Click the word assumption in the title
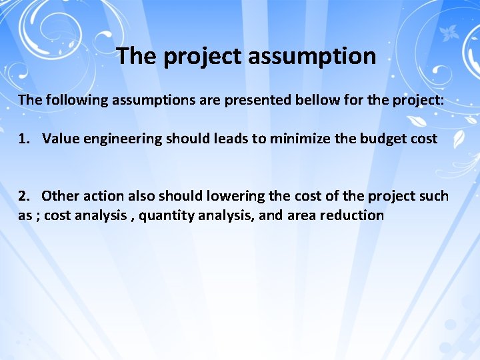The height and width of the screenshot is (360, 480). click(311, 57)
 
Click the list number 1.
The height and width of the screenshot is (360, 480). click(24, 139)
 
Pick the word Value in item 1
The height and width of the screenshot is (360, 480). click(59, 139)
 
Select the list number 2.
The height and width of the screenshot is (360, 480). click(24, 196)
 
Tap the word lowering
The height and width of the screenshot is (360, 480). click(233, 197)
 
